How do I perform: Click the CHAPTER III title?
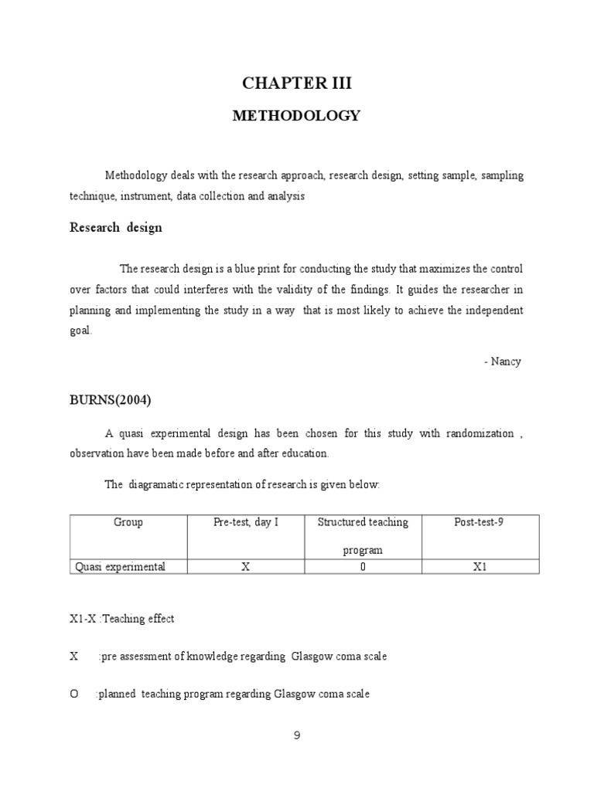point(296,83)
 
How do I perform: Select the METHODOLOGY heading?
point(296,116)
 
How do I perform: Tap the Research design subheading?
point(115,228)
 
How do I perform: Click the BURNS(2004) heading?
point(110,400)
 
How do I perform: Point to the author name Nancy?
point(506,362)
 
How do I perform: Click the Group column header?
point(128,523)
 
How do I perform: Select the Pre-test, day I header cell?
point(246,523)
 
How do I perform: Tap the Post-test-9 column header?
point(479,523)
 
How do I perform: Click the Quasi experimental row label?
point(120,567)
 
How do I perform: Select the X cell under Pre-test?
point(245,567)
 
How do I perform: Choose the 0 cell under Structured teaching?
point(363,567)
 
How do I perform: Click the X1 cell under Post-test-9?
point(480,567)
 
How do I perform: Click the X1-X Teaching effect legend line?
point(122,619)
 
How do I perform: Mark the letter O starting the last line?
point(74,694)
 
